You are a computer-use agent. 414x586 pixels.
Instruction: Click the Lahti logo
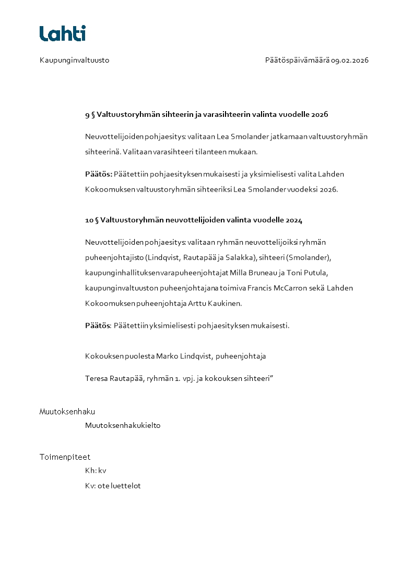point(63,33)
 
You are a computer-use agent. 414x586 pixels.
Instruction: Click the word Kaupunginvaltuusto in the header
point(74,60)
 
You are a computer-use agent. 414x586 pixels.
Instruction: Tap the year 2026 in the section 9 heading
point(320,114)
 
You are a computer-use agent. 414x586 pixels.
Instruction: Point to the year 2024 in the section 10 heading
point(294,220)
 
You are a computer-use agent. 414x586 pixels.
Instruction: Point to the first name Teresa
point(96,378)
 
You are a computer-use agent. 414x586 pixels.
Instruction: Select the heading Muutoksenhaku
point(67,412)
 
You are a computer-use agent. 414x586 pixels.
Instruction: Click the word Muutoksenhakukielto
point(123,425)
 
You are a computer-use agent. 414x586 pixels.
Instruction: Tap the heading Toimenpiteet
point(65,457)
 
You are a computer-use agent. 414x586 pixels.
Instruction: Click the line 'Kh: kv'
point(96,471)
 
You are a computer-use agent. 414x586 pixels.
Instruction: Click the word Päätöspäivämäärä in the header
point(297,60)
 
